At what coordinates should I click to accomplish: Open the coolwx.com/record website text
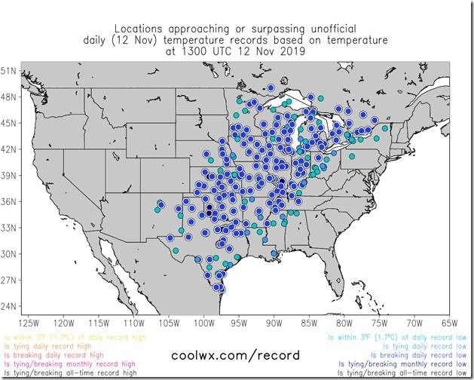[236, 354]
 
